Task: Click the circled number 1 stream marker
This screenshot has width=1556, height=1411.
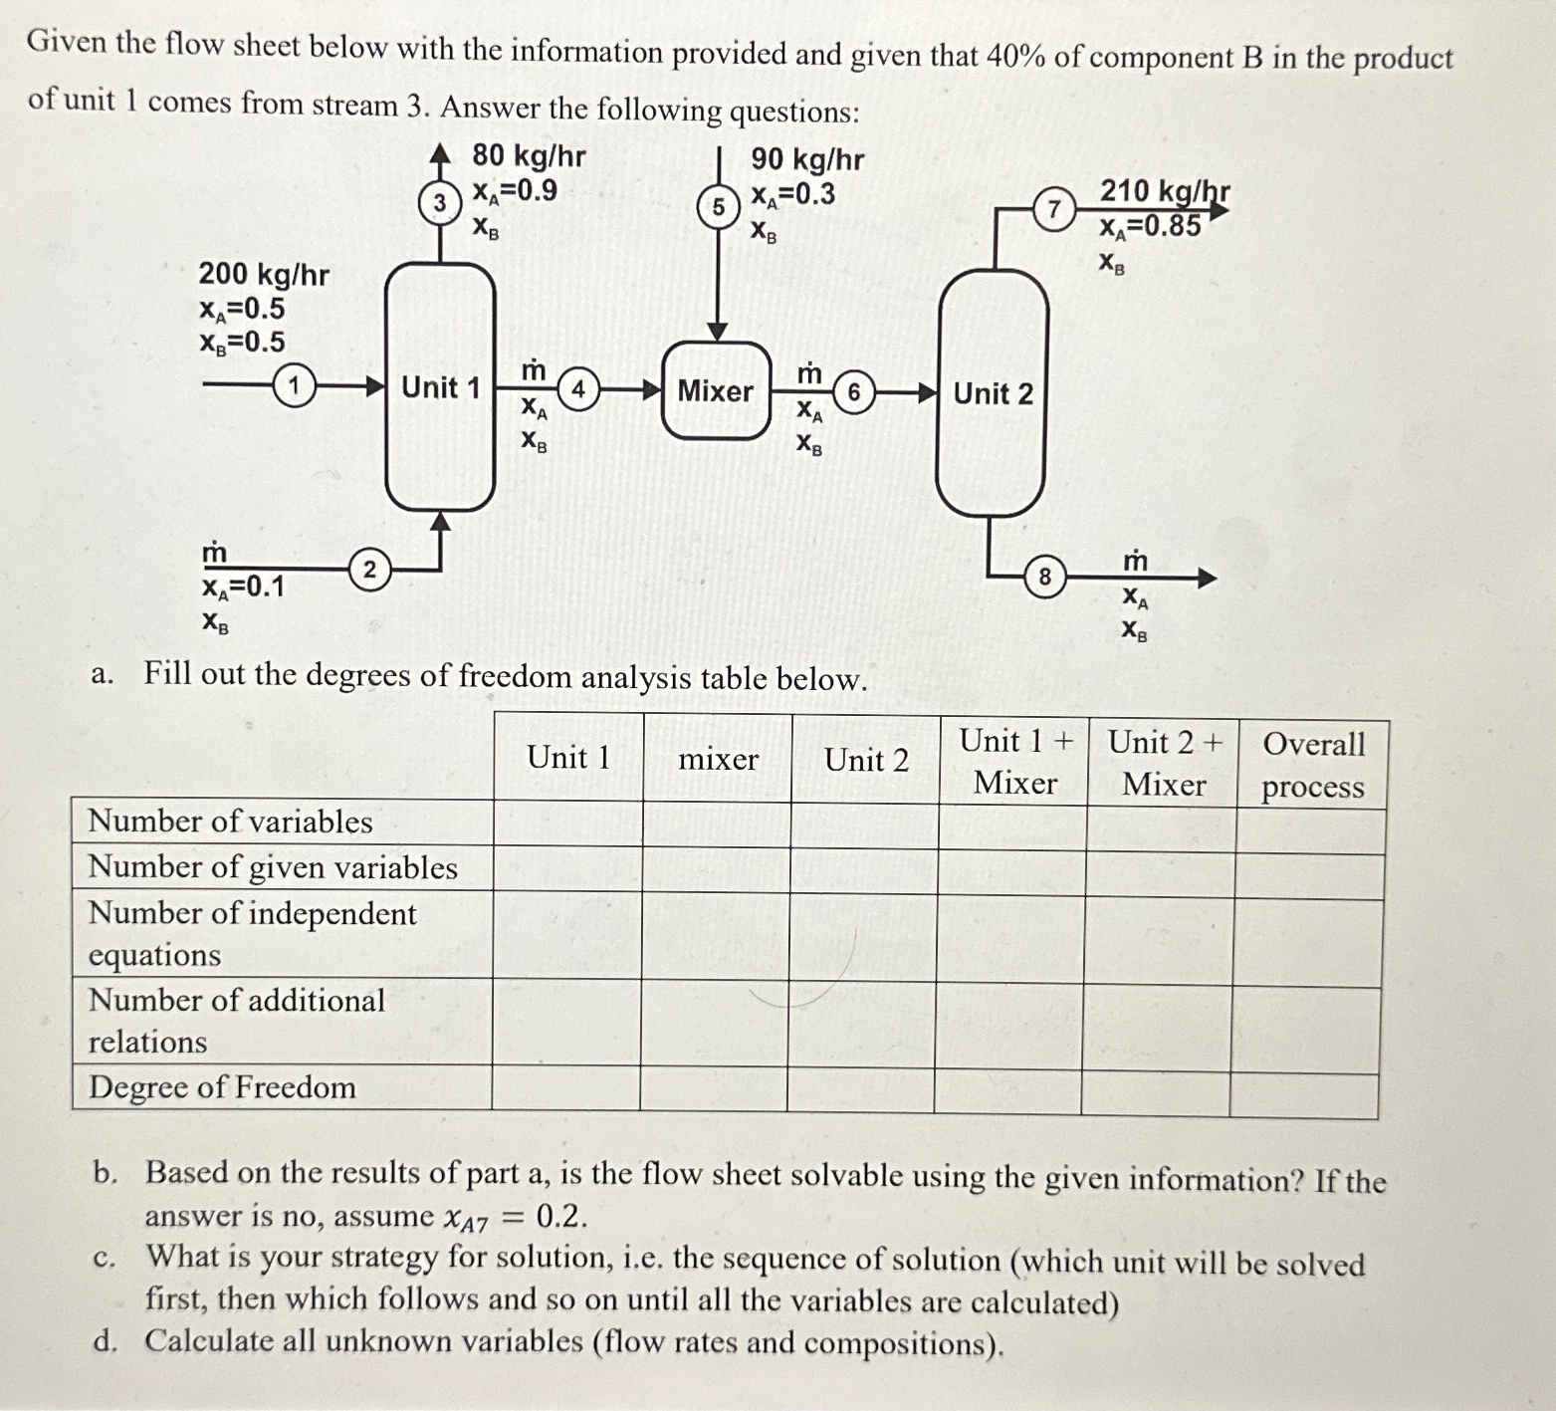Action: (x=295, y=384)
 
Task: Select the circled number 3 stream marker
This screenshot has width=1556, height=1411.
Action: (x=439, y=202)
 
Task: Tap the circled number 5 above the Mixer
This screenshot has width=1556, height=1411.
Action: (x=718, y=207)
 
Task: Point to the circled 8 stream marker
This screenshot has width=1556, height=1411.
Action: (x=1044, y=577)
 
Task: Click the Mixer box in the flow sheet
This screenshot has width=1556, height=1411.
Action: (x=716, y=391)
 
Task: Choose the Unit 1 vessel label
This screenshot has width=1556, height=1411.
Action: (x=440, y=387)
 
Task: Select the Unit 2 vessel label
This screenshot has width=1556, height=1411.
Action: (x=993, y=393)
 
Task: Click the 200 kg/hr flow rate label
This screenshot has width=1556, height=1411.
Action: (x=264, y=274)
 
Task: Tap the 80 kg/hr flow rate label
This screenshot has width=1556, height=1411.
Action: (x=529, y=156)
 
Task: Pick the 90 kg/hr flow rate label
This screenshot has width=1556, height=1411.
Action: (x=807, y=159)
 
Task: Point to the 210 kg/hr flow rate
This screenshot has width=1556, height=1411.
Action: (x=1164, y=190)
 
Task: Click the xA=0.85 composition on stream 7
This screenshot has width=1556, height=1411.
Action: (x=1150, y=226)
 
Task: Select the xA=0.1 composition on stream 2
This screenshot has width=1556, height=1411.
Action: (x=243, y=587)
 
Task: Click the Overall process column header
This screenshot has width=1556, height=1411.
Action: (x=1313, y=765)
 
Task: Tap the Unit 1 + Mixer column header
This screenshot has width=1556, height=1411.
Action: (x=1015, y=762)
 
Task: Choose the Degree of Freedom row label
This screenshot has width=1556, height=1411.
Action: (x=222, y=1087)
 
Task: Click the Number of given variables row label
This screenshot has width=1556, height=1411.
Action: (x=273, y=867)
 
